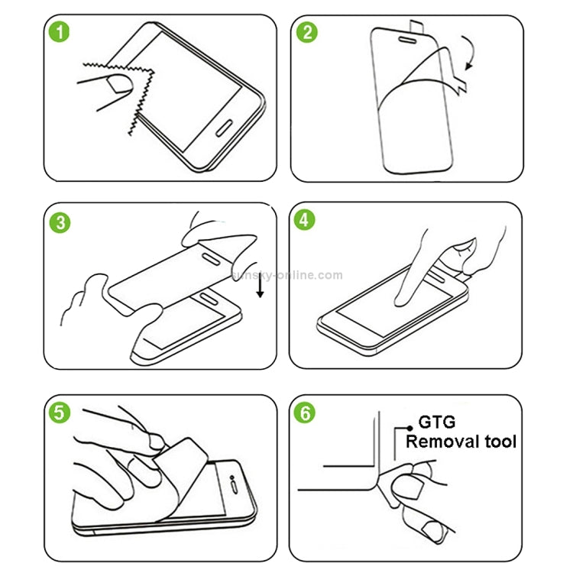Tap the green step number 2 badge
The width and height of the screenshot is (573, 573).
(x=308, y=33)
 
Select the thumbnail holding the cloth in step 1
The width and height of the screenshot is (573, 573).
(x=118, y=82)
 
